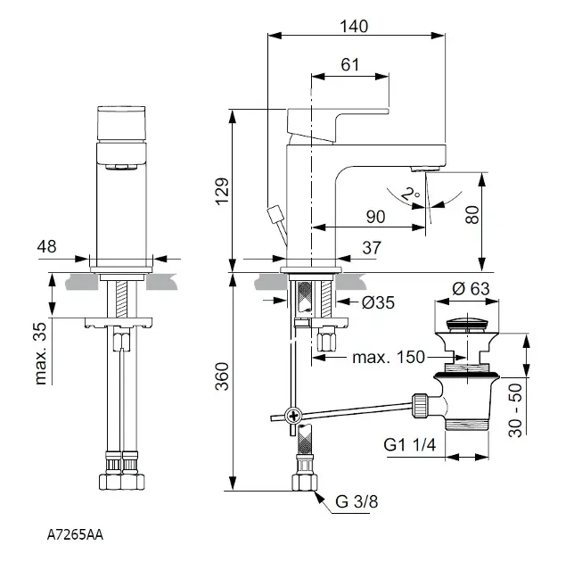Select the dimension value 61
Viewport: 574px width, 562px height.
click(351, 64)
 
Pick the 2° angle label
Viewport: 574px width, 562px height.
click(409, 194)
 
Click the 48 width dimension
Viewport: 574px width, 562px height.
click(49, 245)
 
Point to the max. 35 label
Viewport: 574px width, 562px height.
click(39, 352)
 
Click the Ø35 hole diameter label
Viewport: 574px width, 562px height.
click(379, 302)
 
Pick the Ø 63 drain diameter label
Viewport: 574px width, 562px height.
click(470, 288)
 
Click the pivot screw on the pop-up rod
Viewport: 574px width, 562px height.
click(290, 415)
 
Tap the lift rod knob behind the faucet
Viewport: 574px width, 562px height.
click(275, 214)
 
